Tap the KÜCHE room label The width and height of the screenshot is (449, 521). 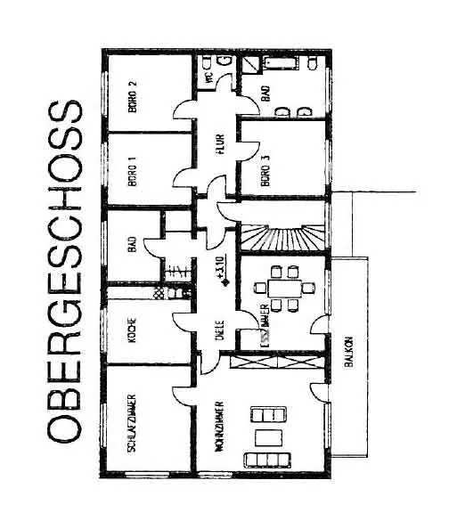[x=133, y=331]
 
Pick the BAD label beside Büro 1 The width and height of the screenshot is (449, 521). [x=133, y=244]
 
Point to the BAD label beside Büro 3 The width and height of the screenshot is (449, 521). [x=265, y=95]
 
